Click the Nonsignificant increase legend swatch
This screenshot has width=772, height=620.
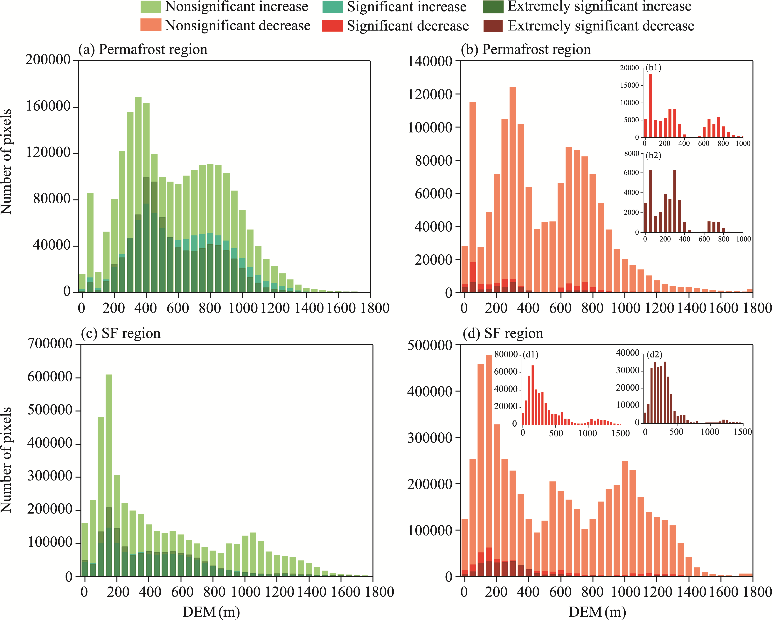point(150,7)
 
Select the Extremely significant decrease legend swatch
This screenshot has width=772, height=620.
point(493,26)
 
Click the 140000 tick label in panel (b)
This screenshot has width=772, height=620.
point(430,61)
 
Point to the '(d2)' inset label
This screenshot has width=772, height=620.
point(654,354)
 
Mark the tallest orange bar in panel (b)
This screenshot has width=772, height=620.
point(513,190)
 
